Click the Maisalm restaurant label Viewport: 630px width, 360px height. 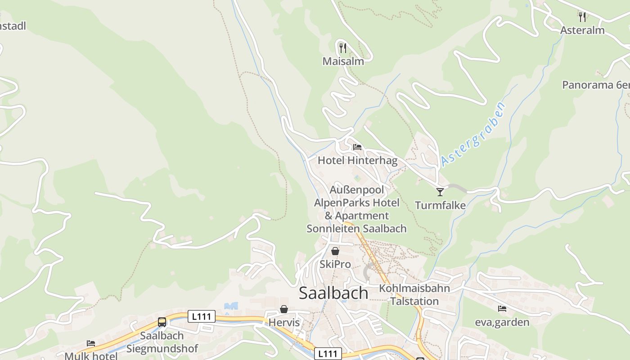343,61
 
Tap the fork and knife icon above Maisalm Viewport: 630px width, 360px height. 343,47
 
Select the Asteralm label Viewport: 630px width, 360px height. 582,31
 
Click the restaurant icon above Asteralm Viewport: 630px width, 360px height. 582,17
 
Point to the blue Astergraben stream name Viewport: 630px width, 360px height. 473,134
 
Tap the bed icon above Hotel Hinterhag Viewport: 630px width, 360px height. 357,147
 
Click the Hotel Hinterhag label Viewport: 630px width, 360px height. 358,161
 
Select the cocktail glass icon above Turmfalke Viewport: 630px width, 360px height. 440,192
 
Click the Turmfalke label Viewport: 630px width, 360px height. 440,206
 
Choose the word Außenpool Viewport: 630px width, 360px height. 357,190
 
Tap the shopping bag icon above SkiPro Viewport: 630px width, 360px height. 335,251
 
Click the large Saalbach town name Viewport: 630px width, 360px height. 333,293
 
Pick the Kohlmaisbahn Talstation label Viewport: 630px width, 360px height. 414,295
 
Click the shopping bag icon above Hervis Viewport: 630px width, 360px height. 284,309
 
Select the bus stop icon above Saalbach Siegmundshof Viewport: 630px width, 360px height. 162,322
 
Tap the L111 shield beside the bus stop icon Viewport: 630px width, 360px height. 201,316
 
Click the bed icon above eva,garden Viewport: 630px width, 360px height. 502,309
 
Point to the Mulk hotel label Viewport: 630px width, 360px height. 91,356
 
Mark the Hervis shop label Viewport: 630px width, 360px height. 284,323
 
